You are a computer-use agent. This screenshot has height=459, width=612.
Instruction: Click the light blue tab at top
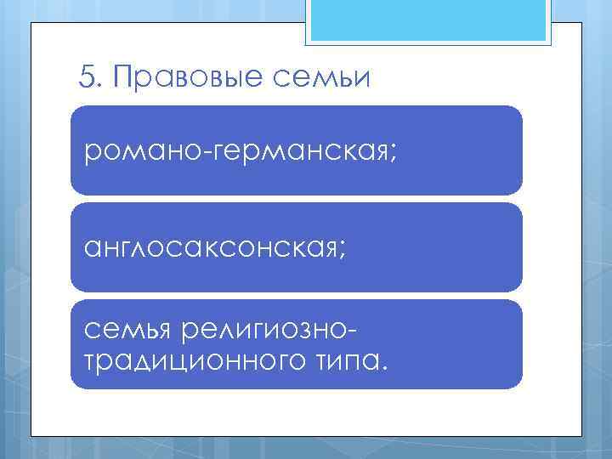pos(428,20)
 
